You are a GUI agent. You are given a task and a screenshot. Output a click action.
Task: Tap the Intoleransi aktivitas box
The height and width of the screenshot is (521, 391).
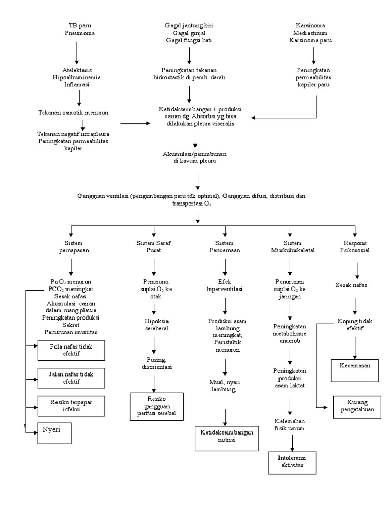(x=293, y=462)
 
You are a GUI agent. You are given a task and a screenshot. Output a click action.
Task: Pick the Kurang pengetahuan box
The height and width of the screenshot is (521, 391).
(x=357, y=407)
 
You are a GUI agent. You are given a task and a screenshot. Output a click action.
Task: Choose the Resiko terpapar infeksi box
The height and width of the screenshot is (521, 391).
(x=71, y=405)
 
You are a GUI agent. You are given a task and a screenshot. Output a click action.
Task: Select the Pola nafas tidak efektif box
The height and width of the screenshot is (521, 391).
(x=71, y=351)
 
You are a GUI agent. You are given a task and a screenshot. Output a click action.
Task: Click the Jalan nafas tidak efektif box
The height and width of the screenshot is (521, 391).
(x=71, y=378)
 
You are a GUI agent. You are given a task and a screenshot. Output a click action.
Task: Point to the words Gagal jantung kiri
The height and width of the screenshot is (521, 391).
(x=189, y=25)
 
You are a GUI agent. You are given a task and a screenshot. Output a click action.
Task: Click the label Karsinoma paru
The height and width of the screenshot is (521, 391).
(x=310, y=40)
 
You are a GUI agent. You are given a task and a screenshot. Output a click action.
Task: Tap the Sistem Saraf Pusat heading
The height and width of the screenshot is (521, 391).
(x=153, y=247)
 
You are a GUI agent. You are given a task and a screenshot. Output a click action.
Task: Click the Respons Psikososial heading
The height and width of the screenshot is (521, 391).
(x=355, y=247)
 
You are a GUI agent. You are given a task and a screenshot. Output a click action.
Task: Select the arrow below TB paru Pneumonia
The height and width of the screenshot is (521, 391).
(x=77, y=51)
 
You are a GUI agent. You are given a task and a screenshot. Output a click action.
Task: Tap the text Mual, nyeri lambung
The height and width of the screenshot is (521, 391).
(x=225, y=385)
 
